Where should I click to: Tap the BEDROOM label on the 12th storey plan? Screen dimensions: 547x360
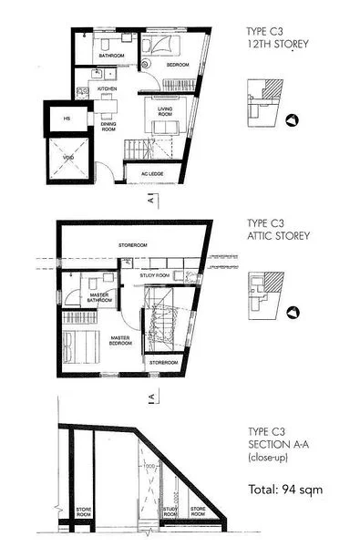click(x=177, y=67)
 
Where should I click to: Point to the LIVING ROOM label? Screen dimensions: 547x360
click(x=166, y=111)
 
